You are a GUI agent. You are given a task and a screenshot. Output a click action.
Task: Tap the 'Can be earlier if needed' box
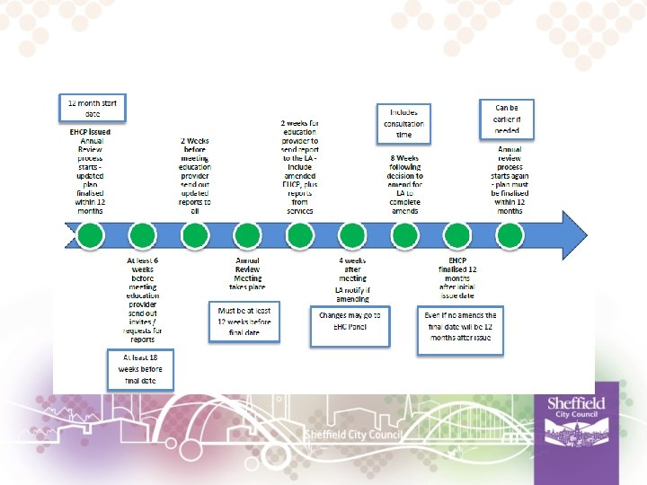507,119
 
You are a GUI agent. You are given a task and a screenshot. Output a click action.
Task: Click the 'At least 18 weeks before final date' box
140,369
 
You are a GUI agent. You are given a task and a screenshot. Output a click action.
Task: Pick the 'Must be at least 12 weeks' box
244,322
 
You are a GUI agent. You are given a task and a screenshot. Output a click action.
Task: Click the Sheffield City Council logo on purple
576,416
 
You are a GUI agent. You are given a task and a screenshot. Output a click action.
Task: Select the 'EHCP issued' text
90,132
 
